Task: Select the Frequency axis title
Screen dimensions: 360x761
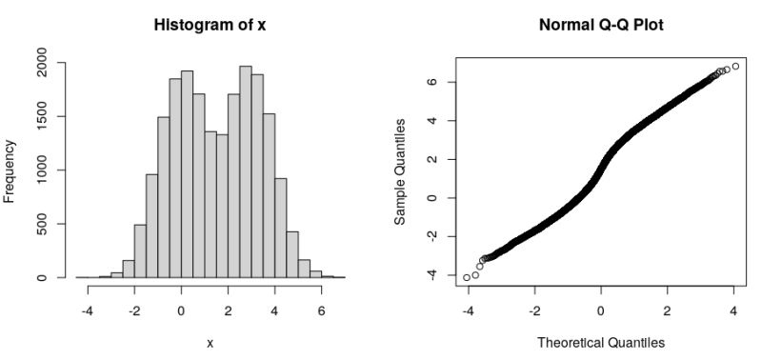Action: pos(10,170)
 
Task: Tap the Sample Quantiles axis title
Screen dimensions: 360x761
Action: pos(401,170)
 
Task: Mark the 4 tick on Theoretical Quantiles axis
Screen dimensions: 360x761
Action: pos(733,310)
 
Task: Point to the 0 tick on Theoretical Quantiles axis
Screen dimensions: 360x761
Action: pos(600,310)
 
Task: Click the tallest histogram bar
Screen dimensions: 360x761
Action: pos(245,171)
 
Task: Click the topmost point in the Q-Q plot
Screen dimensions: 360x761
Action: pos(735,66)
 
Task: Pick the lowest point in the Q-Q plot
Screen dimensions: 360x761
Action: pos(467,277)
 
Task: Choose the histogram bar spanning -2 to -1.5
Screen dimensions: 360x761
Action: pos(140,251)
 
